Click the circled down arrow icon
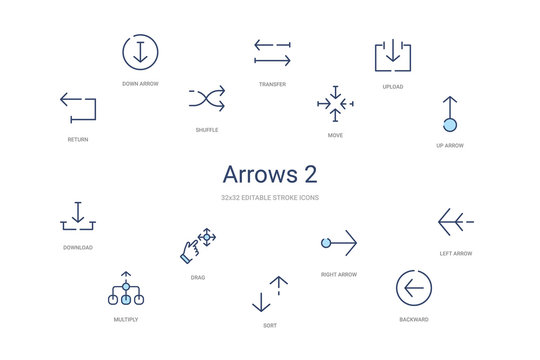(x=140, y=51)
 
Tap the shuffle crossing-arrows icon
(x=207, y=98)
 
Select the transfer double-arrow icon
(x=272, y=52)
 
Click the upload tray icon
(x=393, y=55)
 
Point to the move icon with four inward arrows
(x=335, y=102)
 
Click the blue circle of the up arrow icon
(x=450, y=124)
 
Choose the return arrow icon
(x=78, y=107)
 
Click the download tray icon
(x=78, y=216)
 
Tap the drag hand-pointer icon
(x=197, y=245)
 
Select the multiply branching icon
(x=126, y=289)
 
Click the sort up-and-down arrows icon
(x=270, y=295)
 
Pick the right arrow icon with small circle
(x=338, y=242)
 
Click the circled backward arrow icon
(x=414, y=288)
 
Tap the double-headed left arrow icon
(x=456, y=220)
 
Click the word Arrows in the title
(x=255, y=174)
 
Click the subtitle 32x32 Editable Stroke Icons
(x=270, y=198)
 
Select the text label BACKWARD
(x=414, y=319)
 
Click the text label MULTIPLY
(x=126, y=319)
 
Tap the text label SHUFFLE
(x=207, y=130)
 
